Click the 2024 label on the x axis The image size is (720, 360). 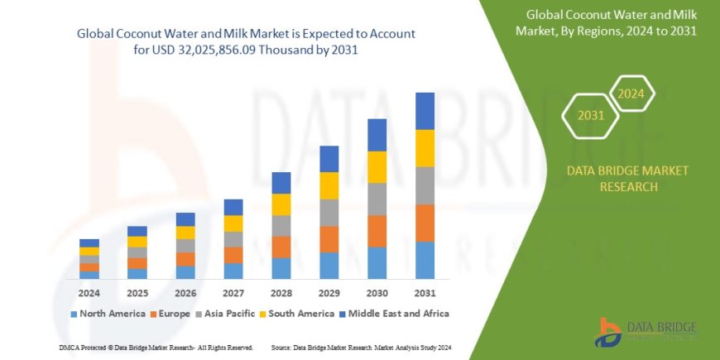coord(89,293)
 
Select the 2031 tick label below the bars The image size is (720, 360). coord(425,293)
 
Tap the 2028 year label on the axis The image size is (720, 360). coord(281,293)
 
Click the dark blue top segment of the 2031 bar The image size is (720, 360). coord(425,111)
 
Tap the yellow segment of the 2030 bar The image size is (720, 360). coord(377,167)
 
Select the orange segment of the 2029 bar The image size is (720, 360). coord(329,239)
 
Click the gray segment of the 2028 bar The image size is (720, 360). coord(281,226)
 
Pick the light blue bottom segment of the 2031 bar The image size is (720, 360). coord(425,260)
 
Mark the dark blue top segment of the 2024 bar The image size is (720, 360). coord(89,243)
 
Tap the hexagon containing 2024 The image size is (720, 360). coord(631,94)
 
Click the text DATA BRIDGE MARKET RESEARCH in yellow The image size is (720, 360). coord(627,179)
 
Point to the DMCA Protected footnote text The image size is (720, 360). coord(156,347)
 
